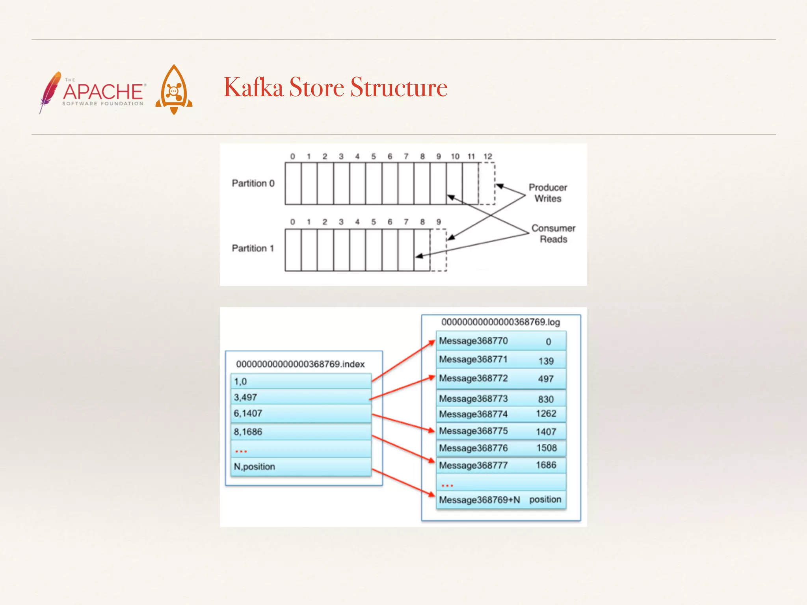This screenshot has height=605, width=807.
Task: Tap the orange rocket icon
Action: (x=174, y=90)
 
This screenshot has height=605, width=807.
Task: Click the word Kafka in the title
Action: (x=253, y=87)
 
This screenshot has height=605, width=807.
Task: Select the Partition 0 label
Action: (x=253, y=183)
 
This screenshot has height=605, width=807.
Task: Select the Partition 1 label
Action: (x=253, y=248)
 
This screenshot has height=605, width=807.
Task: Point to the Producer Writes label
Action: (x=548, y=193)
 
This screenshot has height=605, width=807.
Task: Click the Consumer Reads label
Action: (x=553, y=234)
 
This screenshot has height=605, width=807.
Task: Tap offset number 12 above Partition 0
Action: (x=487, y=156)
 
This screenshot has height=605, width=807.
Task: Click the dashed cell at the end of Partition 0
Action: (x=487, y=184)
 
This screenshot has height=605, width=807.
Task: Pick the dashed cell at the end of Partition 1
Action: (x=438, y=250)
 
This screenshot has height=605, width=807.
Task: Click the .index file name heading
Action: (x=300, y=364)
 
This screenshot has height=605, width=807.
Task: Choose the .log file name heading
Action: (x=500, y=322)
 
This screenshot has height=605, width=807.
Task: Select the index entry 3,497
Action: (x=245, y=397)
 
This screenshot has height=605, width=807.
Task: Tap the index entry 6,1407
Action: (x=248, y=413)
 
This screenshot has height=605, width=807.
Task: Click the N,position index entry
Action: (x=255, y=467)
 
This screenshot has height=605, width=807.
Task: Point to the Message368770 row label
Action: (x=473, y=341)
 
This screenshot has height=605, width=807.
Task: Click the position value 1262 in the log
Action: (x=546, y=414)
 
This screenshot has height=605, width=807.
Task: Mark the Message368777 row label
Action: (x=473, y=465)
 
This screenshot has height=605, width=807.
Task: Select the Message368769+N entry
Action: (x=480, y=500)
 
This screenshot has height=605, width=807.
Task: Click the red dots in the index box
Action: (x=241, y=451)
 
